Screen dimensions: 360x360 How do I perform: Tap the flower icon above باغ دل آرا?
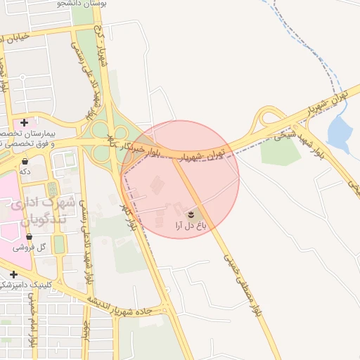click(191, 213)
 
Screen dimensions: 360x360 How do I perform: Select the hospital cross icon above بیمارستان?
click(25, 123)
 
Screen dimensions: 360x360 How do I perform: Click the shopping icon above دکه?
click(25, 162)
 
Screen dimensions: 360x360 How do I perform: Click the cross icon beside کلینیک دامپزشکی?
click(13, 274)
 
